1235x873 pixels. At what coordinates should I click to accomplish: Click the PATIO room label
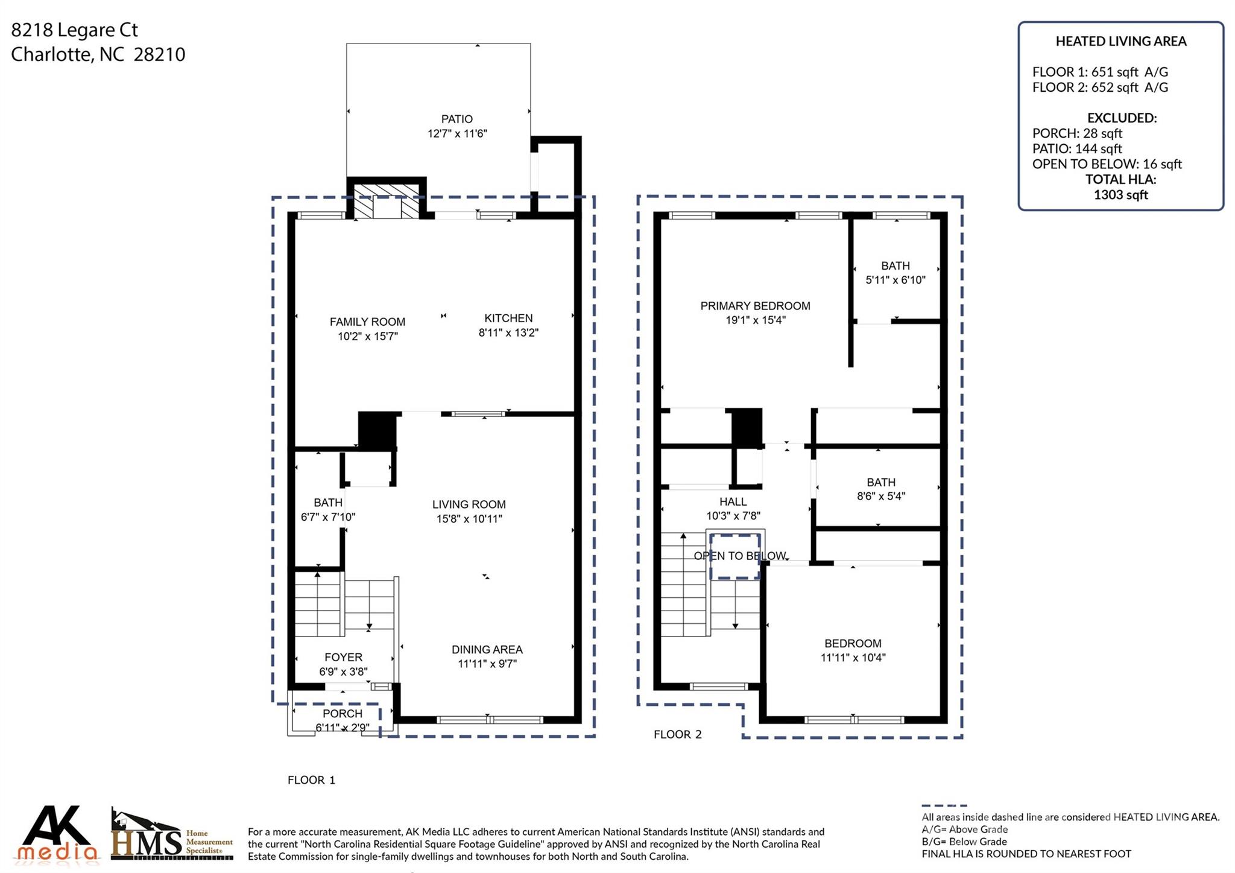pos(456,119)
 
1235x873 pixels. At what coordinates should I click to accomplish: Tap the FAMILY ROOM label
pos(367,322)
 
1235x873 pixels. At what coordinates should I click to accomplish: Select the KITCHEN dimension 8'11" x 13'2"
pos(508,332)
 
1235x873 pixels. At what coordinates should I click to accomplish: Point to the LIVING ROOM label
pos(469,504)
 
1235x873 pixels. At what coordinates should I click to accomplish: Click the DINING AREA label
pos(487,650)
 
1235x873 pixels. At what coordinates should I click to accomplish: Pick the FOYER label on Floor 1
pos(343,658)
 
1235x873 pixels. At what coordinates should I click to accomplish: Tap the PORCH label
pos(343,714)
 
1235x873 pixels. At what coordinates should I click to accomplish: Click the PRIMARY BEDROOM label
pos(755,306)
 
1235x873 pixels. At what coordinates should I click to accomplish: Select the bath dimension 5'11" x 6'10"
pos(895,280)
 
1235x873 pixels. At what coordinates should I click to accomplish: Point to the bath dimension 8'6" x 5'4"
pos(881,497)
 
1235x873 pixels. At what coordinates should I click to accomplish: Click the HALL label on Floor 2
pos(733,502)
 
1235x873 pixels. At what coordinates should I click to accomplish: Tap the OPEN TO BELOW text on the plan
pos(740,556)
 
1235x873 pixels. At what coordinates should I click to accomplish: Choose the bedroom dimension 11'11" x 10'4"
pos(853,658)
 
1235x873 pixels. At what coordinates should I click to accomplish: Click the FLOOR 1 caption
pos(311,780)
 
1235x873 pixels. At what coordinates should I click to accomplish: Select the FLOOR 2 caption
pos(678,734)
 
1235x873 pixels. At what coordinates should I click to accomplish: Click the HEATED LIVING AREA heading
pos(1121,42)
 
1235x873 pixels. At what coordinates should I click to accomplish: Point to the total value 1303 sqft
pos(1121,195)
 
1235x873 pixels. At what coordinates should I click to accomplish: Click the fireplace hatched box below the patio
pos(386,201)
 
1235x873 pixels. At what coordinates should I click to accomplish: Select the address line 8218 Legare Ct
pos(75,30)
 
